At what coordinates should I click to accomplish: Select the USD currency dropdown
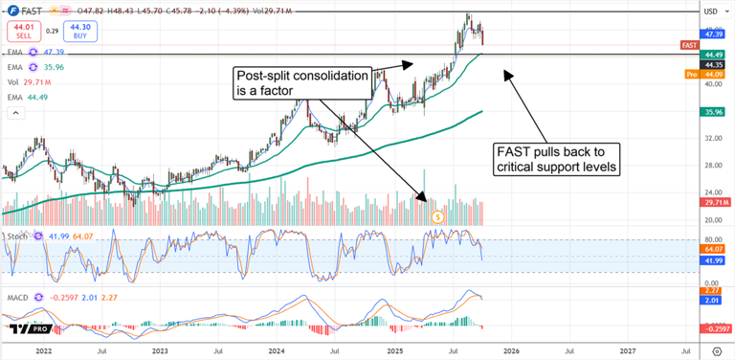pyautogui.click(x=711, y=11)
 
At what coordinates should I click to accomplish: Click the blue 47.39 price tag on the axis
pyautogui.click(x=713, y=34)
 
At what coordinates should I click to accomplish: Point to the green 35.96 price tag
pyautogui.click(x=713, y=111)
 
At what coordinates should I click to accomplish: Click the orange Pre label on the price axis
pyautogui.click(x=691, y=74)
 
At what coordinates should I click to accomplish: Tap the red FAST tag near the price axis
pyautogui.click(x=688, y=45)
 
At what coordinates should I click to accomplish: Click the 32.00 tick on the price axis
pyautogui.click(x=712, y=139)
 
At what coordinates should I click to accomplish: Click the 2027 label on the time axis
pyautogui.click(x=628, y=351)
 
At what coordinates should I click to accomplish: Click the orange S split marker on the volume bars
pyautogui.click(x=437, y=217)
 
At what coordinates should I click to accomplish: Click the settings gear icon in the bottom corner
pyautogui.click(x=717, y=351)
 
